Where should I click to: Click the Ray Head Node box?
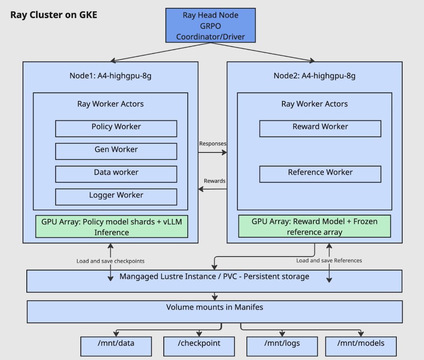point(210,26)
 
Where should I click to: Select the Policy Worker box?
point(116,129)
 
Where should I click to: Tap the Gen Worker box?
point(116,151)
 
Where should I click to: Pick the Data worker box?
point(116,174)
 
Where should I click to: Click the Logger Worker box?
point(116,196)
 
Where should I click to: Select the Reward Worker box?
point(320,129)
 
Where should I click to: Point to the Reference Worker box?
point(320,174)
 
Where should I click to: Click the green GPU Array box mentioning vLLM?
point(111,226)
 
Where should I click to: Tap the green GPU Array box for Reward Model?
point(315,226)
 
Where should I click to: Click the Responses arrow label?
point(213,144)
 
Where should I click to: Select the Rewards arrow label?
point(215,181)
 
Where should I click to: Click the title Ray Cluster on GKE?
point(54,15)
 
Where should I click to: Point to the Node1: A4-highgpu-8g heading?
point(111,76)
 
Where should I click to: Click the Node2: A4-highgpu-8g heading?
point(315,76)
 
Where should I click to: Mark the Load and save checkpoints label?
point(110,261)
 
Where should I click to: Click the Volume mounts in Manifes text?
point(215,307)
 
